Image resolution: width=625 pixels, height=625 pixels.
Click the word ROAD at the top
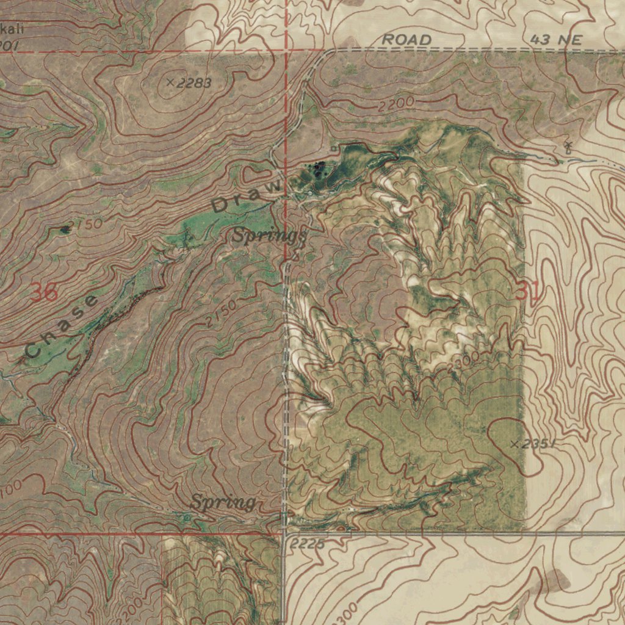[406, 40]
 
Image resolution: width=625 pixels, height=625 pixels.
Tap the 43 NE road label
[555, 40]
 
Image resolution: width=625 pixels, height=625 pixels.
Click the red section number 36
[44, 294]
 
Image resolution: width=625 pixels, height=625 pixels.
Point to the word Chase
[61, 327]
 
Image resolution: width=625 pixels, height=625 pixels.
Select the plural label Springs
[269, 236]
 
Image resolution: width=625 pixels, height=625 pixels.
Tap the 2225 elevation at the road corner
[308, 543]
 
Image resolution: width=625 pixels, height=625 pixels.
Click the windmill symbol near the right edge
[568, 146]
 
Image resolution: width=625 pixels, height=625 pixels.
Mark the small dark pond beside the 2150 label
[65, 229]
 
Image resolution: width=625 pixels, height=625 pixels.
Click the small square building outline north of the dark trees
[333, 149]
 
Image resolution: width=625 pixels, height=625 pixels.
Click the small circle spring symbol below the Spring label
[187, 518]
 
